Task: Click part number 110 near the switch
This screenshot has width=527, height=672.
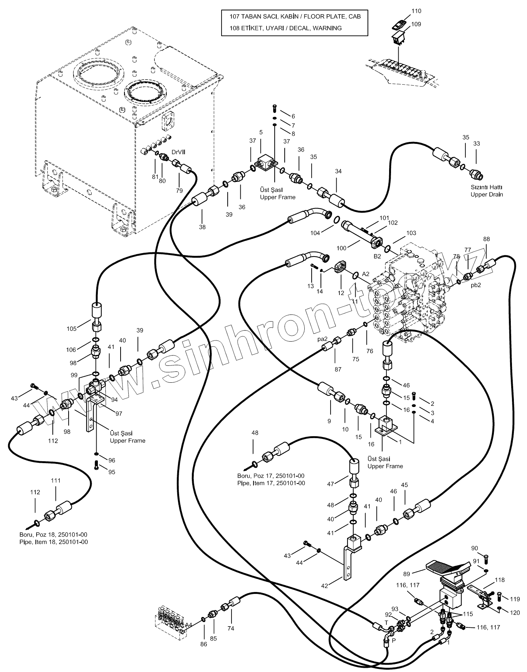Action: (x=416, y=11)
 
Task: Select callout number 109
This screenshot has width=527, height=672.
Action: (x=416, y=24)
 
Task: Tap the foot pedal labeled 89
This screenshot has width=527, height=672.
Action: (x=448, y=568)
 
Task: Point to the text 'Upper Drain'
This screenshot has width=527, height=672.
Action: (x=487, y=195)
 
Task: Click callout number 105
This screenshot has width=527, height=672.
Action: (x=72, y=328)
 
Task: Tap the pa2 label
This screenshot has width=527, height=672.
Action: (x=322, y=339)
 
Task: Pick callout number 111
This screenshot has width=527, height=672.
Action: (x=56, y=480)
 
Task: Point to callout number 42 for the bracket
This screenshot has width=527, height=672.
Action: (x=325, y=586)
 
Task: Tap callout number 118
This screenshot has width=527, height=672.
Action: (x=500, y=580)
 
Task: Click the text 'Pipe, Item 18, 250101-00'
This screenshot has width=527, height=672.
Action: (x=54, y=542)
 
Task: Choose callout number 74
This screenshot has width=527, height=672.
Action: (x=231, y=629)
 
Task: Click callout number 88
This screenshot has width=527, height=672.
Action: (x=487, y=239)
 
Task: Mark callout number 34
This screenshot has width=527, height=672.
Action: (x=338, y=171)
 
